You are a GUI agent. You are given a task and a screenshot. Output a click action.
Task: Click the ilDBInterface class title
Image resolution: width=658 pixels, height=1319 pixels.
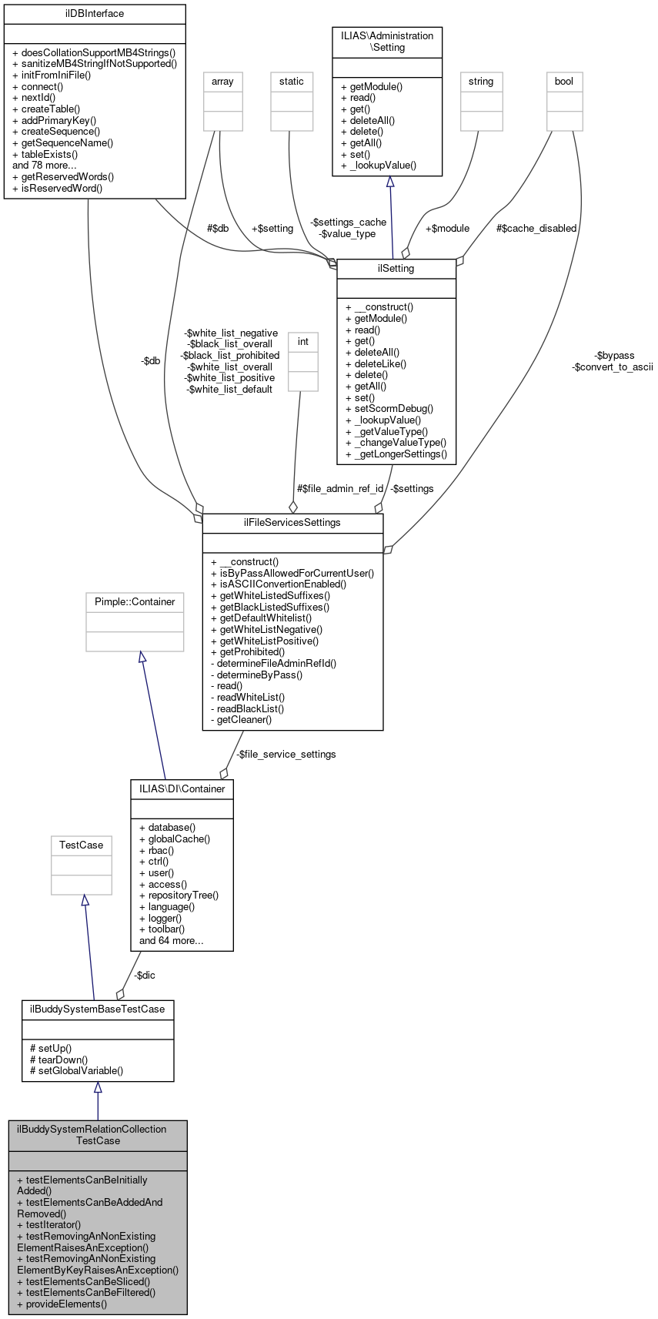click(95, 14)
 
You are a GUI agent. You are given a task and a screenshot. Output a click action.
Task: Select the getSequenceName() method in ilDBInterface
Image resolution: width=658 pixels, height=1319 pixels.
click(63, 142)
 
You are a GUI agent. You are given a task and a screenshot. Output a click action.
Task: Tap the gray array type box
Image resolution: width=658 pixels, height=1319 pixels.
click(222, 81)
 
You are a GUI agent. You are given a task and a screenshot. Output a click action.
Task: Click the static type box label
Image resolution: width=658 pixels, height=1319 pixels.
click(292, 81)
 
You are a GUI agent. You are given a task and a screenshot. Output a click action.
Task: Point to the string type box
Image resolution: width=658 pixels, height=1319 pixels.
click(481, 81)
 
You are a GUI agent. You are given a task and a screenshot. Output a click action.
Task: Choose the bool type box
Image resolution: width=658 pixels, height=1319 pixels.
click(564, 81)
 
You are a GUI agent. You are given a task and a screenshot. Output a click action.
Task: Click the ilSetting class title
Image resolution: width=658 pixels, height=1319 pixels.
click(396, 269)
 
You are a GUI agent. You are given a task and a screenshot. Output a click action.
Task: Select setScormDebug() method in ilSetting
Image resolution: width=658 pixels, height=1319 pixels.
click(389, 409)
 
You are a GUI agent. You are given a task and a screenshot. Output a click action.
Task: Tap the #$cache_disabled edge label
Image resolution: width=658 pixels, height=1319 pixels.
click(536, 228)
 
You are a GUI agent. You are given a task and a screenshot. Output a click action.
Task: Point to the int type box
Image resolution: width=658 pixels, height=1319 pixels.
click(303, 341)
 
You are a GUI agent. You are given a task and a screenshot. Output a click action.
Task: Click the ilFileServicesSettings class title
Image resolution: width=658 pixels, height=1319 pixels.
click(292, 522)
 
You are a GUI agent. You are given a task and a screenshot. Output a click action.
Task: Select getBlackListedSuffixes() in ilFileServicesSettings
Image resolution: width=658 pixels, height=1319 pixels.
click(269, 607)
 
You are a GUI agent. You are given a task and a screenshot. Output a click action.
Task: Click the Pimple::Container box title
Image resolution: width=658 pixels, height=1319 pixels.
click(135, 601)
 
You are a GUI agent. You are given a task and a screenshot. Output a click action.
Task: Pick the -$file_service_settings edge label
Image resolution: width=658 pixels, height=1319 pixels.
click(286, 754)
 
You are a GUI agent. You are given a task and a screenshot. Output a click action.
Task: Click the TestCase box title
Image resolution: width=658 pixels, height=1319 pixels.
click(82, 845)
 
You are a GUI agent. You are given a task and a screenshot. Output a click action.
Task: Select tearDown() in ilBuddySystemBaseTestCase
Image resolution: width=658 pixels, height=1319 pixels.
click(58, 1060)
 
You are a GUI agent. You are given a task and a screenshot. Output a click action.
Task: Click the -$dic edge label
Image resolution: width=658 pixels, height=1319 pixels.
click(145, 975)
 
